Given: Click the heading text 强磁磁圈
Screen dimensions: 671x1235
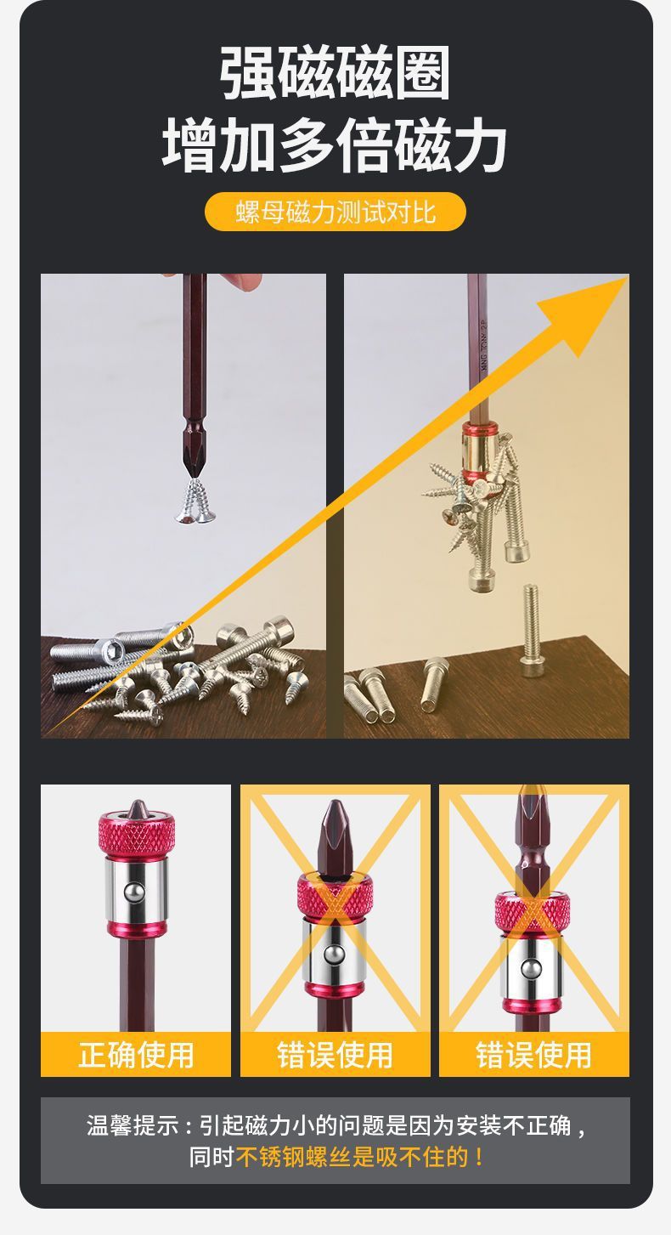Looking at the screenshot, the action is (x=335, y=73).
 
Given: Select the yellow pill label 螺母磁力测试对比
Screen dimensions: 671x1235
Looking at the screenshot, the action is (x=335, y=212).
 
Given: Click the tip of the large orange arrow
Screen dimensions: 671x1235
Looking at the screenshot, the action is (x=628, y=278).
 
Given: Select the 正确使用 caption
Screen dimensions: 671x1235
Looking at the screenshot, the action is (x=136, y=1055).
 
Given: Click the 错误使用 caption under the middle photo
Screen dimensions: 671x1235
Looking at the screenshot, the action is (x=335, y=1055).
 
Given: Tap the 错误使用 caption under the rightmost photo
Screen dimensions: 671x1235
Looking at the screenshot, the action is (x=533, y=1055).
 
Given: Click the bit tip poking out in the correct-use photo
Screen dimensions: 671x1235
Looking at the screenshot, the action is (x=136, y=809).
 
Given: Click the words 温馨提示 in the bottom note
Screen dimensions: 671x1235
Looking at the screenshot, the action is (x=132, y=1125).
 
